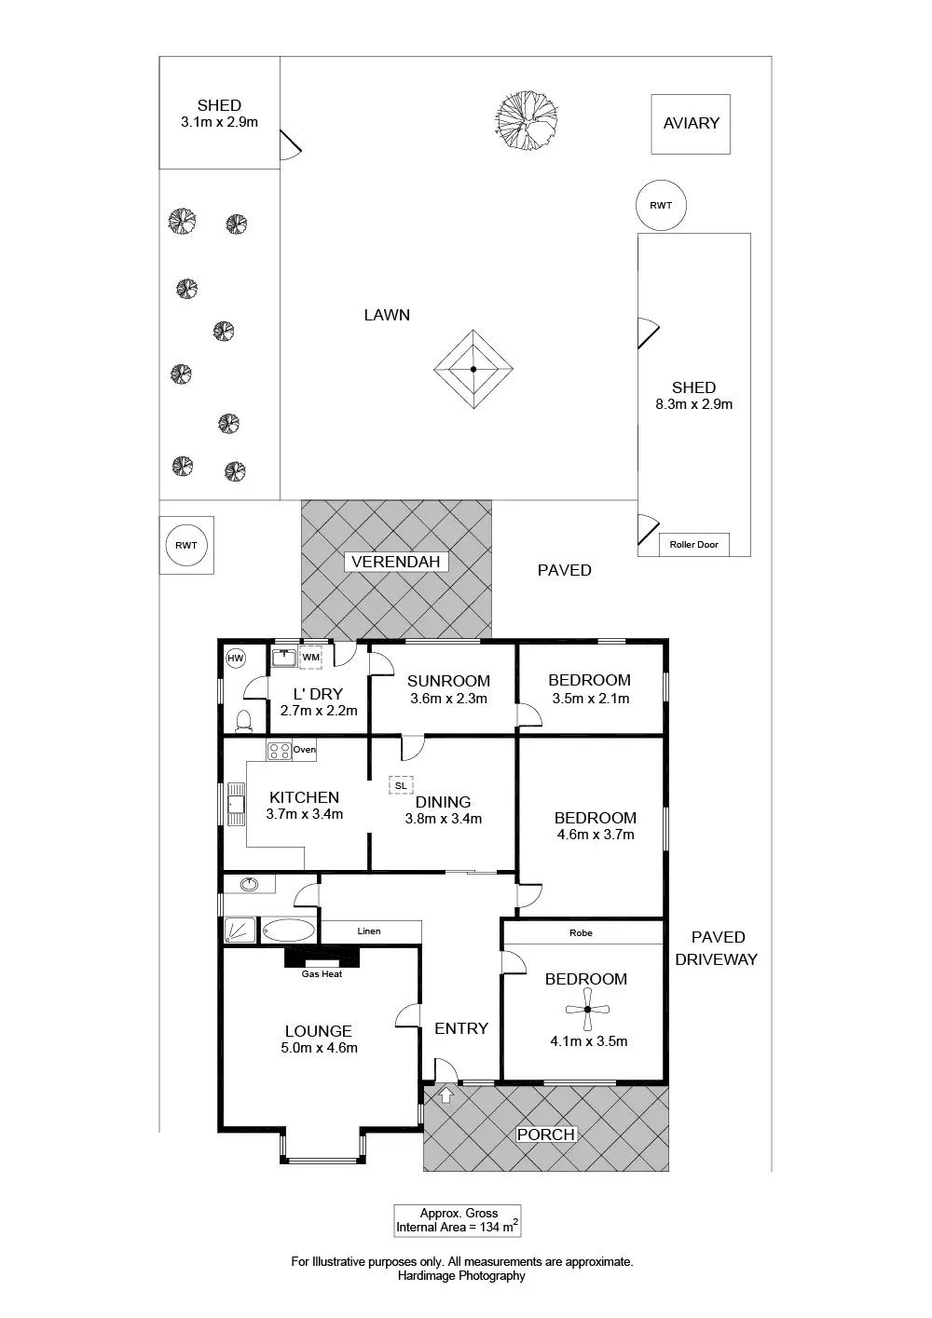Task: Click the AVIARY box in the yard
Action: tap(691, 124)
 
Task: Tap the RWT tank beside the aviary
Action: tap(661, 206)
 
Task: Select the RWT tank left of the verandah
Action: tap(186, 546)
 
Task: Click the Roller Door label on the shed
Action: tap(694, 545)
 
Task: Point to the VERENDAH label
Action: tap(396, 563)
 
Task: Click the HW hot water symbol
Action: tap(236, 659)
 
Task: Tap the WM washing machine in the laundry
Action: tap(311, 658)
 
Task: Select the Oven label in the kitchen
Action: tap(304, 750)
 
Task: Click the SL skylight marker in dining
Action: tap(401, 785)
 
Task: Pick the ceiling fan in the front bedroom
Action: tap(587, 1010)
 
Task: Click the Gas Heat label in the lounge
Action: tap(322, 974)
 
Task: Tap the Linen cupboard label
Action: tap(369, 931)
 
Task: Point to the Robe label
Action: tap(581, 932)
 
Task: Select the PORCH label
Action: tap(546, 1135)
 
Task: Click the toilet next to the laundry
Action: tap(243, 721)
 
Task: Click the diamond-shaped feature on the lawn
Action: tap(473, 370)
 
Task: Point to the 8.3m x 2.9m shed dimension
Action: tap(694, 404)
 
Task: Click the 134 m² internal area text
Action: tap(457, 1228)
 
